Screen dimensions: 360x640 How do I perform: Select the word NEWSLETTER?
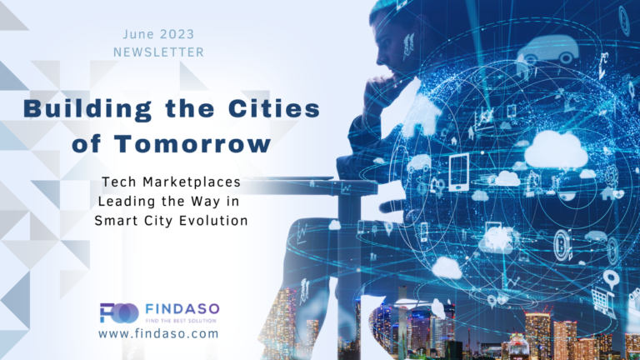tap(158, 52)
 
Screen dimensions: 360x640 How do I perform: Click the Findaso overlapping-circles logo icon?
tap(118, 312)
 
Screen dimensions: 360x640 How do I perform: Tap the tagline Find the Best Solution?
tap(180, 320)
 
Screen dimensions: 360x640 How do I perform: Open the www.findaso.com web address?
tap(158, 333)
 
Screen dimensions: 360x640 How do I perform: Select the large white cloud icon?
tap(556, 148)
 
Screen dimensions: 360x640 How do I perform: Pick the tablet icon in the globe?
tap(458, 172)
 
